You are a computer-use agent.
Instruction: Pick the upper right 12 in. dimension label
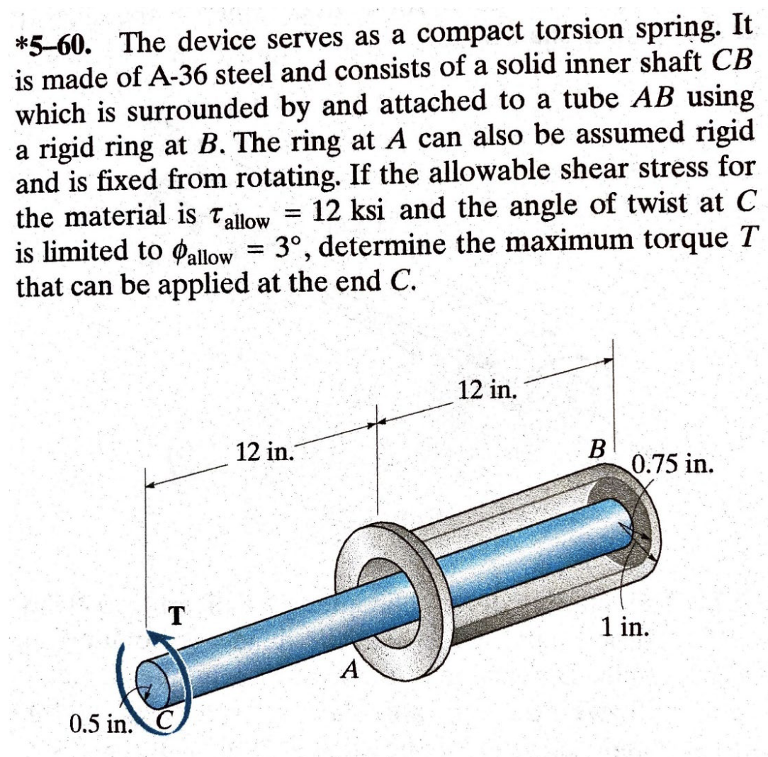click(x=489, y=389)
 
